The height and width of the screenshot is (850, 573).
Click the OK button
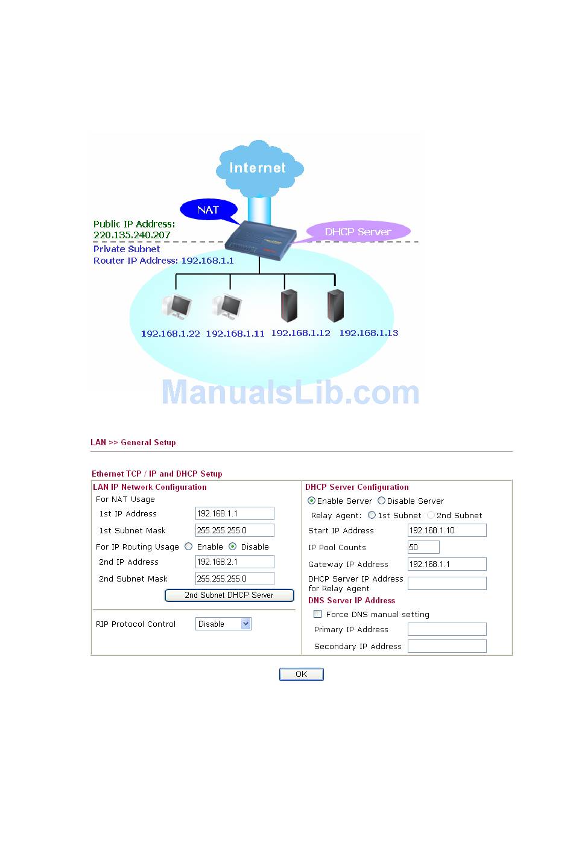[x=301, y=674]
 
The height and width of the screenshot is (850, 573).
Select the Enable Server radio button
[x=311, y=501]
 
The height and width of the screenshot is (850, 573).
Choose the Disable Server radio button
[x=381, y=501]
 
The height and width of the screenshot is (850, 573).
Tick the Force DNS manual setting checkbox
[x=318, y=614]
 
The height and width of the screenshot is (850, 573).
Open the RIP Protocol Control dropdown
[x=223, y=624]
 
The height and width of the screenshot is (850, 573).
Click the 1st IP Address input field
[x=235, y=513]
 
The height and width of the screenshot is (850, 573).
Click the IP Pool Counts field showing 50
[x=423, y=547]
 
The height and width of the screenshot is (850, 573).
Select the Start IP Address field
[x=447, y=530]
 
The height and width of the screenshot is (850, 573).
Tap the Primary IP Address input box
[x=447, y=629]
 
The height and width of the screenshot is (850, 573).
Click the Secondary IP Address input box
[x=447, y=646]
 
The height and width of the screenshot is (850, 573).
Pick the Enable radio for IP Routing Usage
[x=189, y=547]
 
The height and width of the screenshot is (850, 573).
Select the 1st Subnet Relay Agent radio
[x=372, y=515]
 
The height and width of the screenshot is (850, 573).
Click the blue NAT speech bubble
[x=208, y=210]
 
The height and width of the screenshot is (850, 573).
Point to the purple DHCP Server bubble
[x=358, y=232]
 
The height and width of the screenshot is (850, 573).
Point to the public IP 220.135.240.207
[x=132, y=235]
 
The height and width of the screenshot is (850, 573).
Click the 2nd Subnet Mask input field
[x=235, y=579]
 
